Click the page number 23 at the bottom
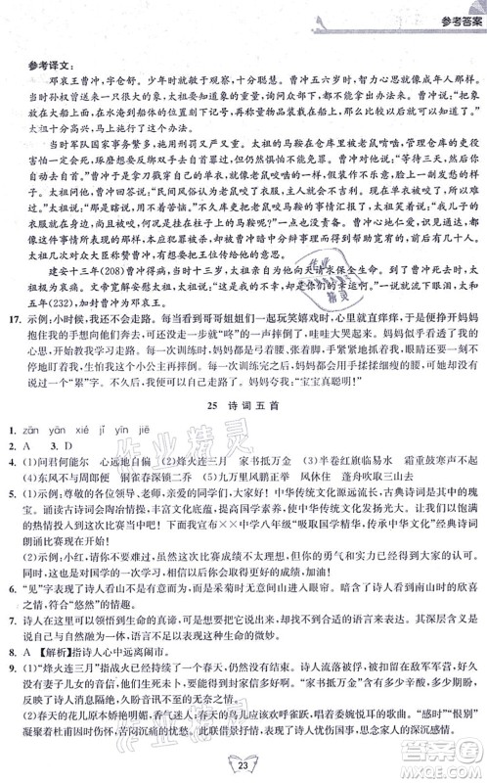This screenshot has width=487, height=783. [243, 760]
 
